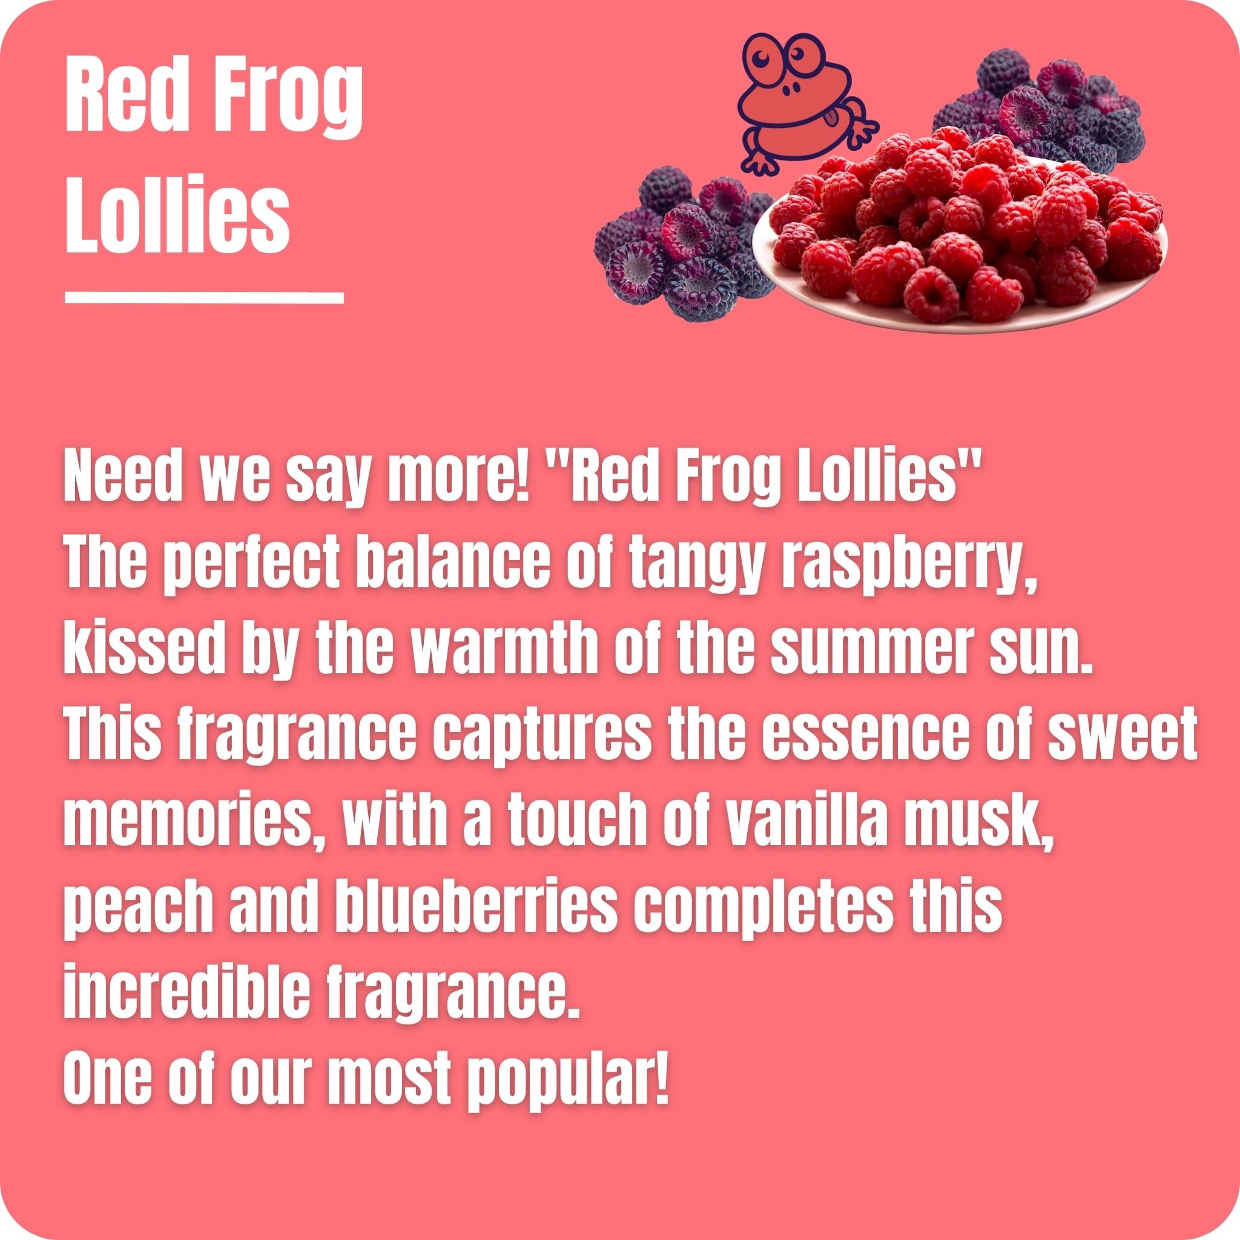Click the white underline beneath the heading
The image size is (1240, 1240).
coord(204,297)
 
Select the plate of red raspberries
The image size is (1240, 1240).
coord(963,237)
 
